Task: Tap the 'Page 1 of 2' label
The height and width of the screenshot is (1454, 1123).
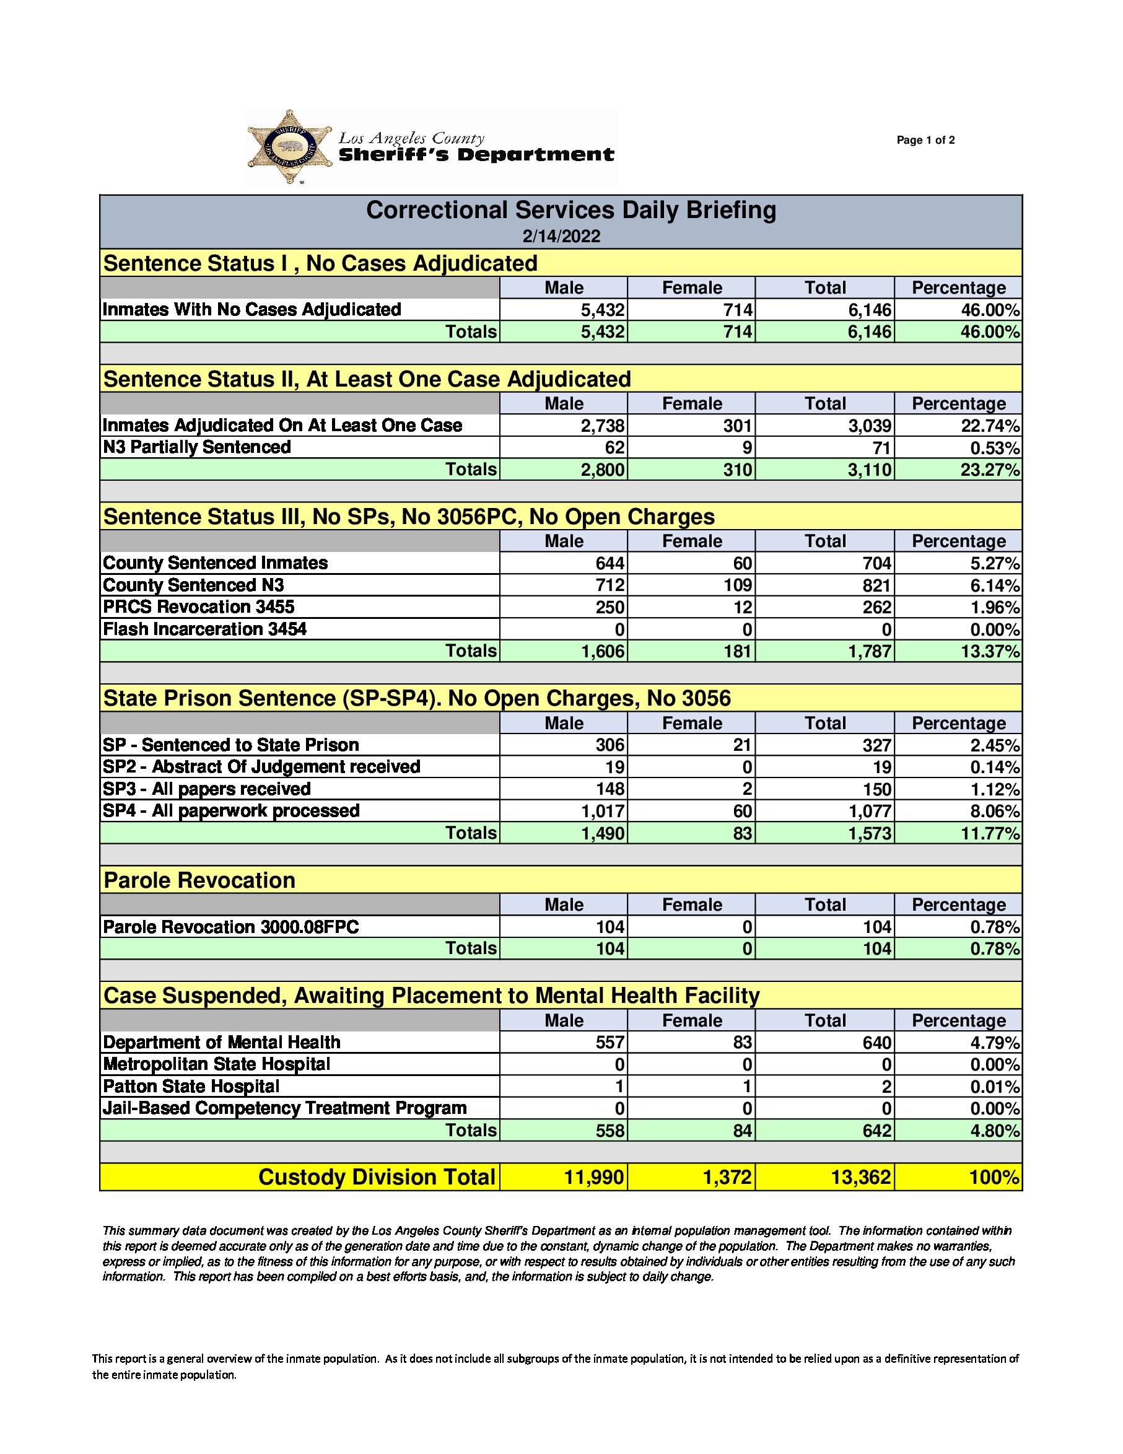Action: pyautogui.click(x=925, y=140)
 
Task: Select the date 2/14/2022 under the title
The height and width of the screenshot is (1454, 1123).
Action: pyautogui.click(x=561, y=236)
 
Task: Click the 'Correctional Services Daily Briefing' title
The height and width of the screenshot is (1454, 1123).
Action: pyautogui.click(x=570, y=211)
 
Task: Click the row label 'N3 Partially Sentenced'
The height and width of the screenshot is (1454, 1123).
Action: pyautogui.click(x=197, y=447)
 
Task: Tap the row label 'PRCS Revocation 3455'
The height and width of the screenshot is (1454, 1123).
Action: pyautogui.click(x=198, y=607)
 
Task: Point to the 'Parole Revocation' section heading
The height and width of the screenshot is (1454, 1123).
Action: pyautogui.click(x=199, y=881)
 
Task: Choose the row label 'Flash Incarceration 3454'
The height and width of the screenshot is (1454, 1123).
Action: pyautogui.click(x=205, y=630)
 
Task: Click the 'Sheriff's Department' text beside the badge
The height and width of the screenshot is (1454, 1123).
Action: pyautogui.click(x=476, y=155)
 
